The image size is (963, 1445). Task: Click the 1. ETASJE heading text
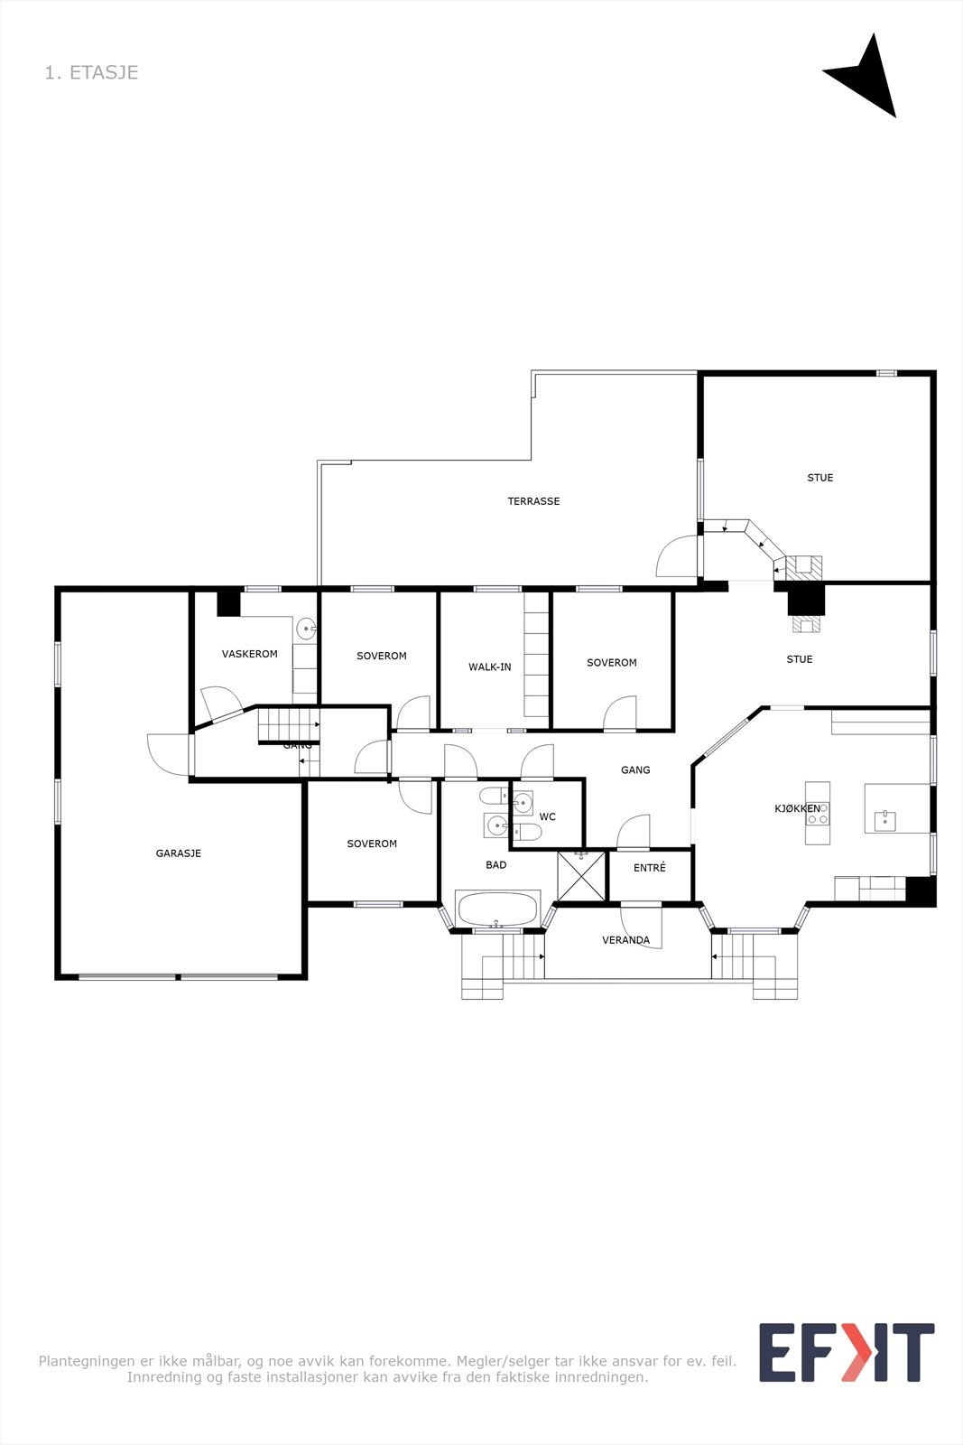click(91, 72)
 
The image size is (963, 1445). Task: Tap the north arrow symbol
click(865, 79)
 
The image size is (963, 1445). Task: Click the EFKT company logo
click(846, 1352)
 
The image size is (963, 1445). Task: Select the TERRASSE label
click(533, 501)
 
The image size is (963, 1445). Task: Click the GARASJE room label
click(179, 853)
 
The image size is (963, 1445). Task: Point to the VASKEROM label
click(250, 654)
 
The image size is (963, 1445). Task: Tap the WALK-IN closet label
click(489, 667)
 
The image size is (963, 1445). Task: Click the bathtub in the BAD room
click(498, 909)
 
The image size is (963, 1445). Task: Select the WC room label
click(548, 817)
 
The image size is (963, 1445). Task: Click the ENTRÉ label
click(650, 868)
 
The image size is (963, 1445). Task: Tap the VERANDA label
click(625, 940)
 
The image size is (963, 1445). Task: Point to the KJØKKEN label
click(798, 809)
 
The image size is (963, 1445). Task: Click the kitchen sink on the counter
click(884, 819)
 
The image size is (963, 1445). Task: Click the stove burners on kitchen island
click(819, 814)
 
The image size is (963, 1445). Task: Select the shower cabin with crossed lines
click(581, 876)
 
